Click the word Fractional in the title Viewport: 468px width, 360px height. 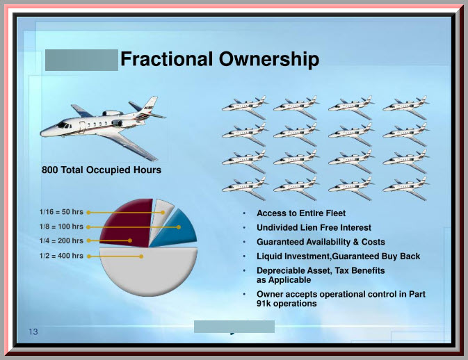point(166,59)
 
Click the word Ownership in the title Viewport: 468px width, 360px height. point(269,60)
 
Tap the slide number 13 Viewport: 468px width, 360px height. point(33,332)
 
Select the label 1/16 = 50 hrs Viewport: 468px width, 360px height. point(61,212)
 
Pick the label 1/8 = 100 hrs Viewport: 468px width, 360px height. point(61,227)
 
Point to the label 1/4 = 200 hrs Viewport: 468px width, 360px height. point(61,240)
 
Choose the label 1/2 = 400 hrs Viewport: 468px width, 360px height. point(61,256)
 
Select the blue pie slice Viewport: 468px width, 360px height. point(176,229)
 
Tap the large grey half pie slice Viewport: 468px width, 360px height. point(148,272)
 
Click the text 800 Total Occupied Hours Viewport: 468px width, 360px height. point(102,170)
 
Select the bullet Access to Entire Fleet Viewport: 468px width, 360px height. point(301,213)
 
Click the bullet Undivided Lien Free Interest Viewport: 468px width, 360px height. point(314,227)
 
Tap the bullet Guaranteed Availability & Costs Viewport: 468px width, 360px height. point(321,242)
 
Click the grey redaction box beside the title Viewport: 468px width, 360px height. point(81,60)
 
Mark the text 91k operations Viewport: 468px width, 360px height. point(287,304)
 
